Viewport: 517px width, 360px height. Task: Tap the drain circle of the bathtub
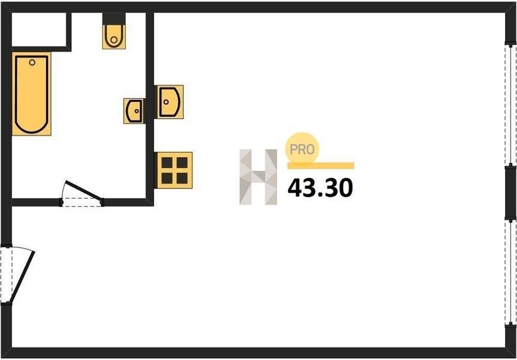pos(32,61)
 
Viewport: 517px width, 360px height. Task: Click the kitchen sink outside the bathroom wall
pos(169,101)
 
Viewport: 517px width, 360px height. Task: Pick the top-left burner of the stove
pos(167,162)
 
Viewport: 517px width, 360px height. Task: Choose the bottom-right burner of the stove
pos(181,177)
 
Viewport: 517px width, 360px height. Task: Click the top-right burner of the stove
pos(181,162)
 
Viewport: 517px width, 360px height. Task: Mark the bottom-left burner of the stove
pos(167,177)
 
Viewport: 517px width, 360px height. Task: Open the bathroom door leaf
pos(84,190)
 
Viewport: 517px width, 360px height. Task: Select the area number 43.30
pos(320,188)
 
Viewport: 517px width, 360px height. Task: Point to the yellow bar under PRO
pos(321,166)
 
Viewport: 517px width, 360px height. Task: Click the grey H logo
pos(258,176)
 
